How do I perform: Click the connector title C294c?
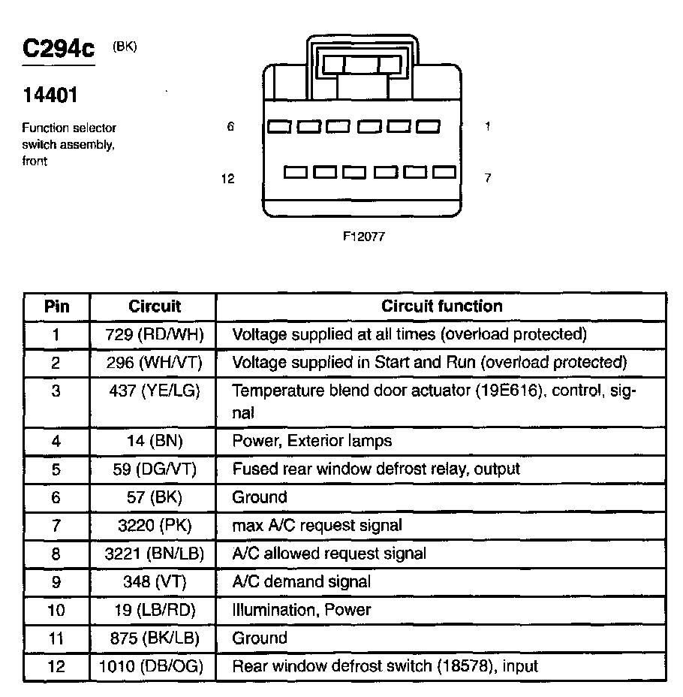pyautogui.click(x=59, y=50)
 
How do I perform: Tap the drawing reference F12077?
pyautogui.click(x=364, y=235)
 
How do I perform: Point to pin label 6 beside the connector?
pyautogui.click(x=230, y=127)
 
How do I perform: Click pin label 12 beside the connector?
pyautogui.click(x=228, y=178)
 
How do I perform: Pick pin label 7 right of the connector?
pyautogui.click(x=488, y=178)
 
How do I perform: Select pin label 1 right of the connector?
pyautogui.click(x=488, y=127)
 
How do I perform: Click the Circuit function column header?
pyautogui.click(x=441, y=306)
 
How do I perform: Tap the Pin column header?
pyautogui.click(x=57, y=306)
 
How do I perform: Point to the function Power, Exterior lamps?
pyautogui.click(x=311, y=441)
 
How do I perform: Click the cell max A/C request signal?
pyautogui.click(x=317, y=525)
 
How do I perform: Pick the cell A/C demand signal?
pyautogui.click(x=301, y=581)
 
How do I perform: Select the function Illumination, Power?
pyautogui.click(x=302, y=610)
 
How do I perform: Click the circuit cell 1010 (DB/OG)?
pyautogui.click(x=153, y=666)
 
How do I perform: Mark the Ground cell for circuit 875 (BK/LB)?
pyautogui.click(x=260, y=638)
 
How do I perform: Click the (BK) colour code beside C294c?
pyautogui.click(x=125, y=47)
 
